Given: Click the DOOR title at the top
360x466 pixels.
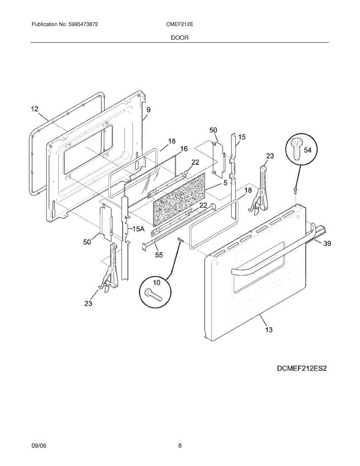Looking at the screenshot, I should [x=180, y=38].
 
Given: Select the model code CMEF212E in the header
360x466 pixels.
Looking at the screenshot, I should [x=180, y=24].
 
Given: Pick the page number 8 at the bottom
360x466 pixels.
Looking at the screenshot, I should [x=180, y=446].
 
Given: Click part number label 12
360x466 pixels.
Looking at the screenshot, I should [x=35, y=109].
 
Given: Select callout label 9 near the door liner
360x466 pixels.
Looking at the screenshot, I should [x=148, y=110].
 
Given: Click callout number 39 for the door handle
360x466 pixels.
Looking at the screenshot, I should [x=327, y=243].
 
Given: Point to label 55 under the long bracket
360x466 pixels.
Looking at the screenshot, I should [x=159, y=255].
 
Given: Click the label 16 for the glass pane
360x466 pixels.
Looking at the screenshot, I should [x=184, y=149].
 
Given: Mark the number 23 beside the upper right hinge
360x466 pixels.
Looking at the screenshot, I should [x=270, y=156].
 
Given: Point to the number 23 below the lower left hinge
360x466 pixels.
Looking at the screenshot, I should [x=89, y=303].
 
